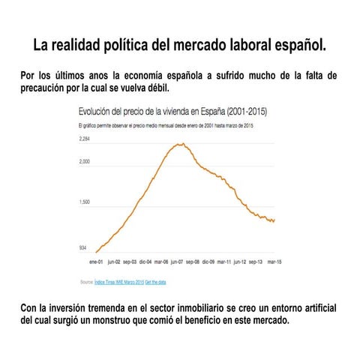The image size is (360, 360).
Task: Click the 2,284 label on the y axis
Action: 83,139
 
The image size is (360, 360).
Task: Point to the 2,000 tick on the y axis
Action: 83,161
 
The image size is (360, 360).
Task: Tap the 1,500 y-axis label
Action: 83,202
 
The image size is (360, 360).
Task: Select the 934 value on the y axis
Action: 82,247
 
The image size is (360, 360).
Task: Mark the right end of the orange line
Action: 274,220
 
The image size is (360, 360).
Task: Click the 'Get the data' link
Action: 155,282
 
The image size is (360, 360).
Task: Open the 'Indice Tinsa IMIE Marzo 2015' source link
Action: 118,282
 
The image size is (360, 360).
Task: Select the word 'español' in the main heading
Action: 298,45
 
